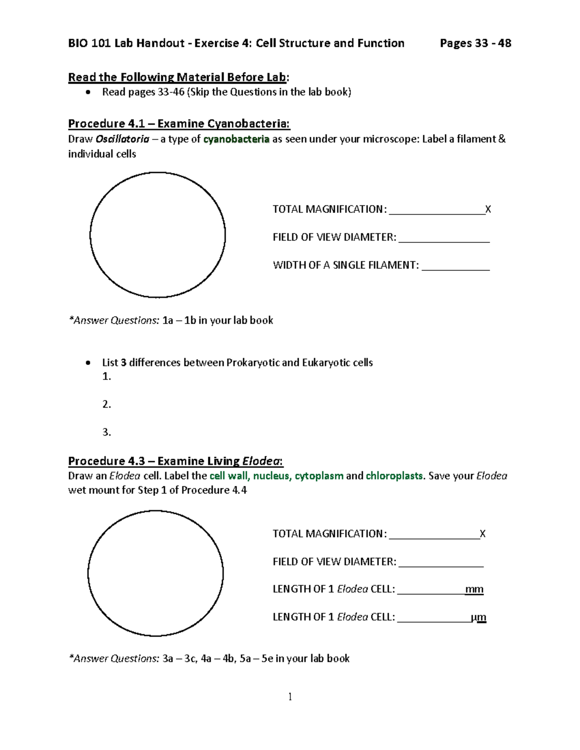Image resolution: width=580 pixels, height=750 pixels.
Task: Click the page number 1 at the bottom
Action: (290, 696)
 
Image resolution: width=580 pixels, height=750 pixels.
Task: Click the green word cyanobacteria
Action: (236, 140)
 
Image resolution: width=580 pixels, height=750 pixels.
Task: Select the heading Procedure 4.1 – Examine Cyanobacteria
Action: (179, 124)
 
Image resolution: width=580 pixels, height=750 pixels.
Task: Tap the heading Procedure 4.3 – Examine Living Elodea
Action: (175, 461)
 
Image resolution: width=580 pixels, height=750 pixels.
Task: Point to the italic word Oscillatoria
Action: (122, 140)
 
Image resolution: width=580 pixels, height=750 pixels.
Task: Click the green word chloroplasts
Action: (394, 476)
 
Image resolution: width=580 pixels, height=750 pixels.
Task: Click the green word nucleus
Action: (271, 476)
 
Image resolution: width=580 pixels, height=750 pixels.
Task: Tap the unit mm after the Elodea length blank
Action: (474, 589)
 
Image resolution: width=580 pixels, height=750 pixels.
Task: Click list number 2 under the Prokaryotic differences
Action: (106, 404)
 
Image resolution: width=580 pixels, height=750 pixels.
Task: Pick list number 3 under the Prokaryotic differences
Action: (106, 432)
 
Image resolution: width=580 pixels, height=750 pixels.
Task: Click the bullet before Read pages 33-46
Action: (87, 92)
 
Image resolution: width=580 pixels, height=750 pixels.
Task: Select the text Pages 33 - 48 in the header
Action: (475, 43)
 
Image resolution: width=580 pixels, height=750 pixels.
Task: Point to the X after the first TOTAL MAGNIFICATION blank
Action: (488, 210)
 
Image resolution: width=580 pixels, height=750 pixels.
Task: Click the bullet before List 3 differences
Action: (87, 363)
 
